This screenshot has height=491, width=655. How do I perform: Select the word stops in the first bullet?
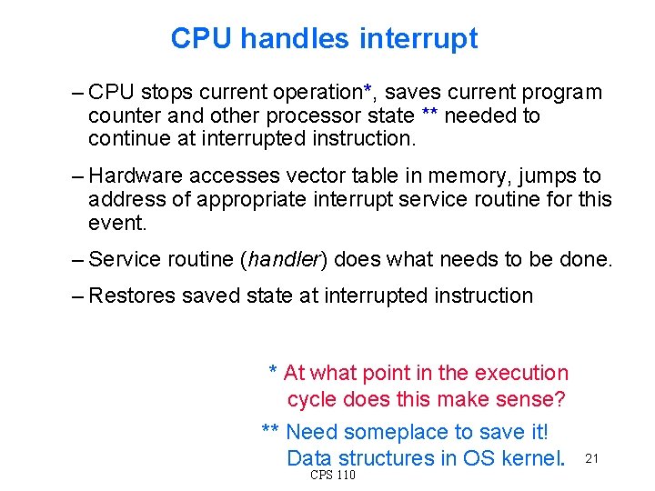pos(166,93)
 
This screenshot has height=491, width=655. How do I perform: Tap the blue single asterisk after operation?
pos(368,90)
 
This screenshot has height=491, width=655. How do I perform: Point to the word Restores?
pos(133,296)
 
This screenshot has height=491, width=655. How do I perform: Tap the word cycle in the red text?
pos(312,399)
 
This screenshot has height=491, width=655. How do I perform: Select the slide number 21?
pos(591,458)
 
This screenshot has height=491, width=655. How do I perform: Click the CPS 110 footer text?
pos(333,476)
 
